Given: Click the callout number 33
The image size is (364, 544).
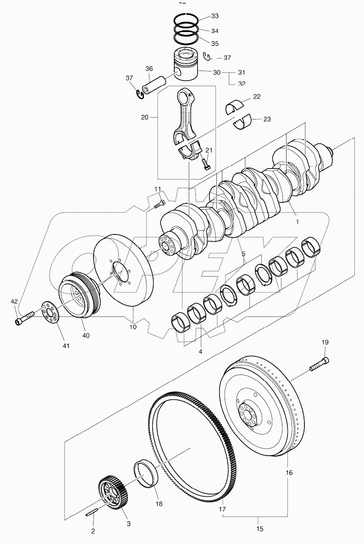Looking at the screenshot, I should tap(215, 16).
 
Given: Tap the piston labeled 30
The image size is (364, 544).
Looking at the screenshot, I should tap(186, 66).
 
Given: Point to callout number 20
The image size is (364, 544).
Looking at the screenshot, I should tap(145, 117).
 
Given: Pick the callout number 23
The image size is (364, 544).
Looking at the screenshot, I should tap(267, 119).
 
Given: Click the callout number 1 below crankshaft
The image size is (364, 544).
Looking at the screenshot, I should tap(297, 222).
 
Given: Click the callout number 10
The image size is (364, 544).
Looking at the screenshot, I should tap(133, 327).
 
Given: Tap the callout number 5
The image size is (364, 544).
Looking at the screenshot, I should tap(243, 254).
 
